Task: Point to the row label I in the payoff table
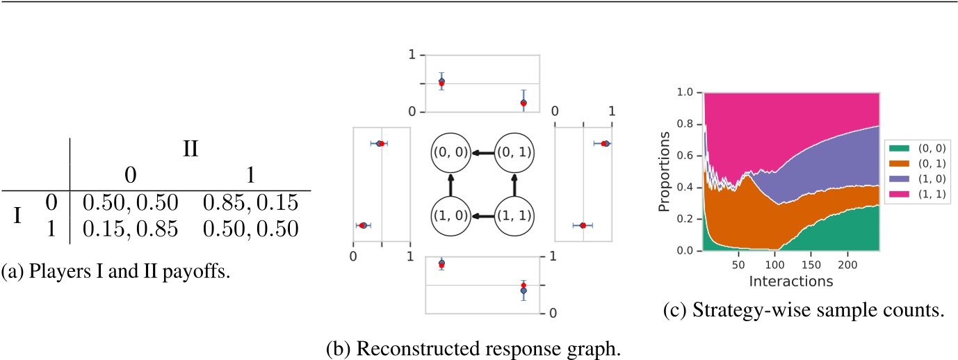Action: pos(21,215)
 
